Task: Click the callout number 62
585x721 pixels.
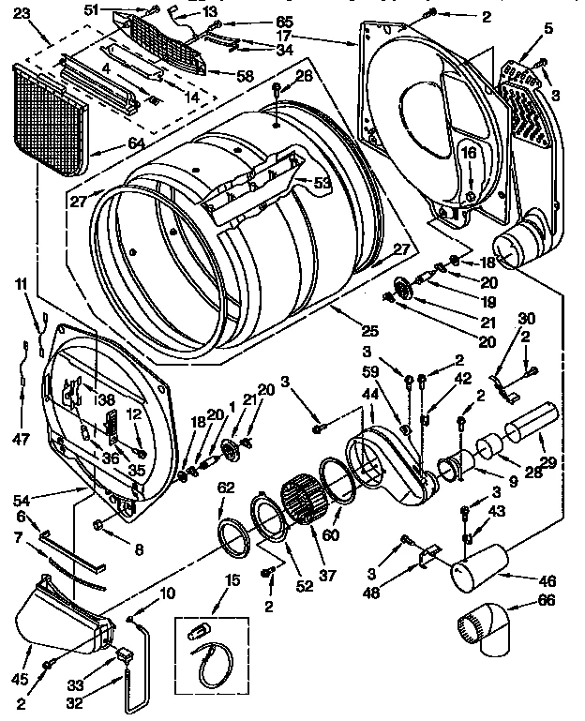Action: click(225, 488)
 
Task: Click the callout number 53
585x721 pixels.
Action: click(322, 183)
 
